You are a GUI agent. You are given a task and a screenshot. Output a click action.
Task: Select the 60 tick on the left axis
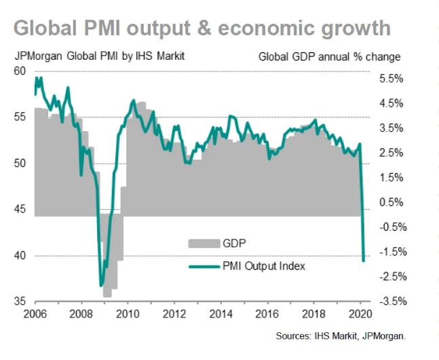[x=19, y=70]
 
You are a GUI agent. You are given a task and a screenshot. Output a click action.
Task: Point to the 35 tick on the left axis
[x=19, y=302]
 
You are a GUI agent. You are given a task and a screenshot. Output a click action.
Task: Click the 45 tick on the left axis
[x=19, y=209]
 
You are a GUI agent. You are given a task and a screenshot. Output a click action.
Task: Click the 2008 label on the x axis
[x=81, y=314]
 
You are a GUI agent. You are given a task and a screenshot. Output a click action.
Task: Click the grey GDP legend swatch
[x=202, y=242]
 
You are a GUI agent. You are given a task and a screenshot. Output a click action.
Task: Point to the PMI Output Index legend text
[x=264, y=266]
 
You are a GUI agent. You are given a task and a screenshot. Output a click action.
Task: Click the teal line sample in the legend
[x=202, y=266]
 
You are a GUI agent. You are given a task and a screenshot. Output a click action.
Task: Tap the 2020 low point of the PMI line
[x=364, y=260]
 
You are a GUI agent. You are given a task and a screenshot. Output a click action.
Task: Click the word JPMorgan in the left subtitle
[x=37, y=56]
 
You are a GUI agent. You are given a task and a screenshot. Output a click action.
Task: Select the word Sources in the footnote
[x=294, y=336]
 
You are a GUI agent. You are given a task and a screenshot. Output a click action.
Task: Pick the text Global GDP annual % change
[x=329, y=56]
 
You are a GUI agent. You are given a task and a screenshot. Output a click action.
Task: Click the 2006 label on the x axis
[x=35, y=314]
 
